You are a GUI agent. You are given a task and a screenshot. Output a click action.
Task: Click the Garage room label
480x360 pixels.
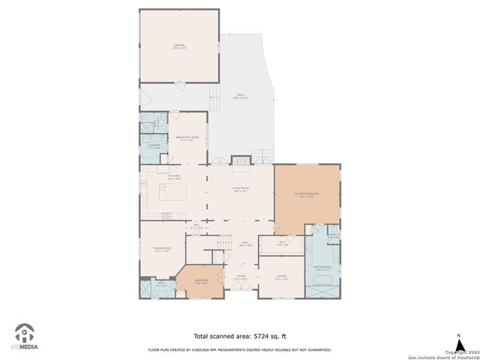pos(179,46)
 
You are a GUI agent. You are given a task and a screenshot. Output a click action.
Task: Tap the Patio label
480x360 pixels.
pos(240,96)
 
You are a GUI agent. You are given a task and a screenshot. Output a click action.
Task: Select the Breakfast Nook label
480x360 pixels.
pos(187,138)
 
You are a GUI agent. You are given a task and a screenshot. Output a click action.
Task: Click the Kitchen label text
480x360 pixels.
pos(175,178)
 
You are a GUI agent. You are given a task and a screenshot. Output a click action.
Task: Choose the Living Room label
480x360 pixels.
pos(240,190)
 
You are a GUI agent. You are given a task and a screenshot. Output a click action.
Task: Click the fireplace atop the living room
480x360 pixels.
pos(241,160)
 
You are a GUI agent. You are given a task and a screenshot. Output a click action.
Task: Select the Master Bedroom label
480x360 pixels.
pos(306,195)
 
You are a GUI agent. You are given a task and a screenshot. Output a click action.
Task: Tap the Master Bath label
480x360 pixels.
pos(322,268)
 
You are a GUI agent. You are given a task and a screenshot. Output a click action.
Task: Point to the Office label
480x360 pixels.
pos(281,277)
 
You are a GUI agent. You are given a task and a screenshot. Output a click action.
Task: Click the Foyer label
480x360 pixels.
pos(241,277)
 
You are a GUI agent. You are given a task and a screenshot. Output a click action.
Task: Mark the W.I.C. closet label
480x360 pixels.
pos(282,243)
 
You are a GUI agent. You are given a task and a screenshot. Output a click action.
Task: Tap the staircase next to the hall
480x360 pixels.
pos(223,242)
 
